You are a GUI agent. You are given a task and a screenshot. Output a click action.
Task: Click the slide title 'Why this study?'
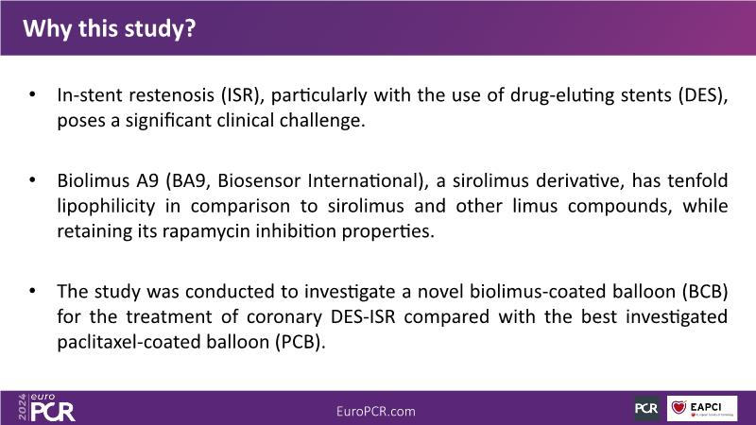pyautogui.click(x=110, y=28)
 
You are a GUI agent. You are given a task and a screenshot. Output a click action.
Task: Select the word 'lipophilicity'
pyautogui.click(x=106, y=206)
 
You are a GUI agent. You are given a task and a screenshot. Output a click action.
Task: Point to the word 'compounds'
pyautogui.click(x=620, y=206)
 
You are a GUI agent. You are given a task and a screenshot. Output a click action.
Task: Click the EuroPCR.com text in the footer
pyautogui.click(x=375, y=412)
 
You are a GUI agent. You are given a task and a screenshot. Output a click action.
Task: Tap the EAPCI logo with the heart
pyautogui.click(x=702, y=409)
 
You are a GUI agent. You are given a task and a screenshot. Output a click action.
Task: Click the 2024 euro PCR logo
pyautogui.click(x=46, y=408)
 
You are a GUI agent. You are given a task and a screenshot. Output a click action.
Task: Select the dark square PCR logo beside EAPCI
pyautogui.click(x=646, y=409)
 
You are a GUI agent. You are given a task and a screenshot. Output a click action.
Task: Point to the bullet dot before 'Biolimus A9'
pyautogui.click(x=32, y=180)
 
